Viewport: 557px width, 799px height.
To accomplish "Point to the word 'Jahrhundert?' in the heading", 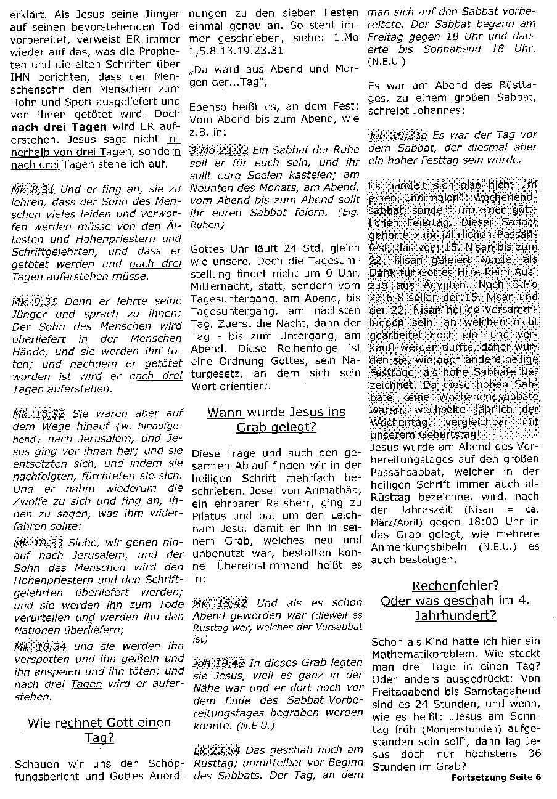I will point(455,615).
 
